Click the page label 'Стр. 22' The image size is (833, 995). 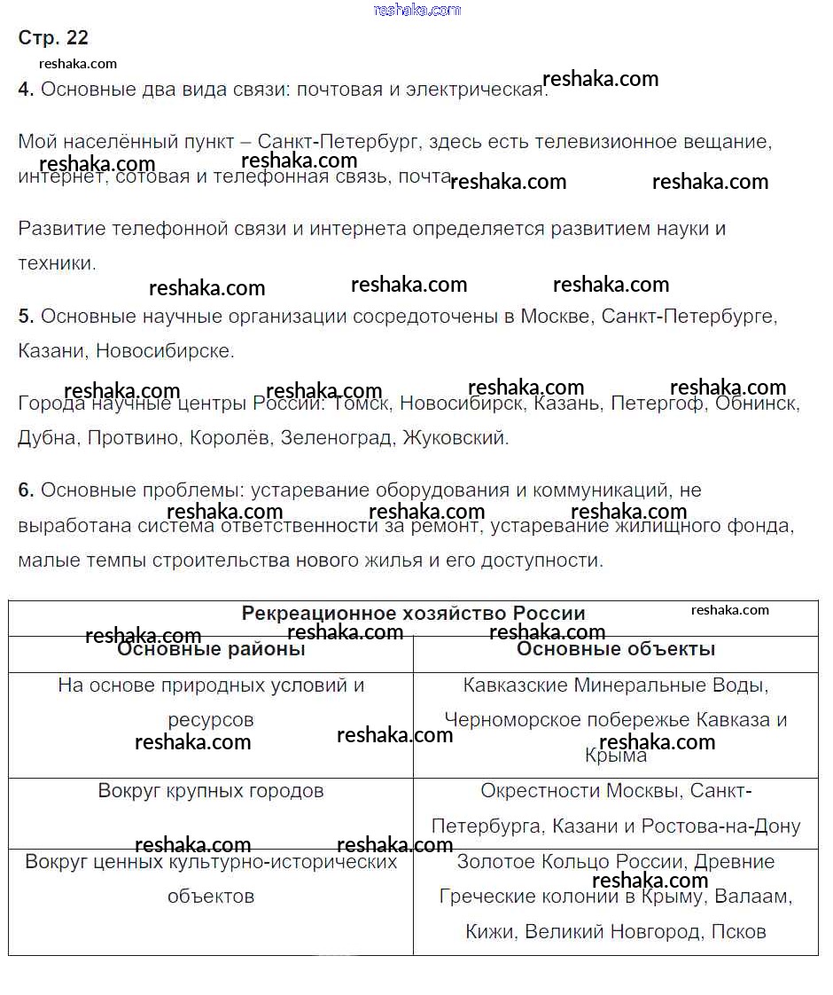pos(53,38)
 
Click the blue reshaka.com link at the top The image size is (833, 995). pos(417,10)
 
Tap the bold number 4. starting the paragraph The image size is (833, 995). pos(26,90)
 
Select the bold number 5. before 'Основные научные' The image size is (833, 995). pos(26,317)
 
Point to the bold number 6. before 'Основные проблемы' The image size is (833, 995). pos(26,490)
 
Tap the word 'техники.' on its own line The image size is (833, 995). pos(56,263)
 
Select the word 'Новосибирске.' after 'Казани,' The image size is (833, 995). pos(166,351)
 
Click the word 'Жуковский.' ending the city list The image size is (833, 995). pos(456,438)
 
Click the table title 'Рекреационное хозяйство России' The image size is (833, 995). pos(413,614)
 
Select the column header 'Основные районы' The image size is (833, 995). pos(211,649)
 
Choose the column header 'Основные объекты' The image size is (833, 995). pos(616,649)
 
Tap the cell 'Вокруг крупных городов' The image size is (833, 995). pos(211,790)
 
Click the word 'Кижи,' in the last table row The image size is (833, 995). pos(492,932)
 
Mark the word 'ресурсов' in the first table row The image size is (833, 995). pos(211,720)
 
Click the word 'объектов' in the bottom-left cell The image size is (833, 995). pos(211,897)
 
